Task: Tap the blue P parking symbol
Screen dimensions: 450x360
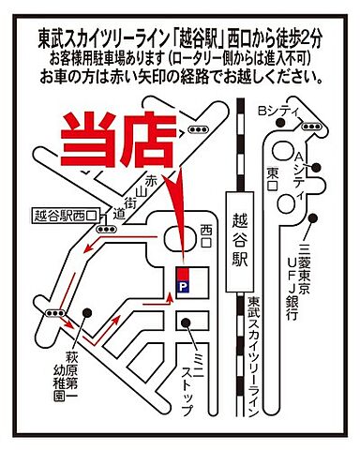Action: (x=183, y=284)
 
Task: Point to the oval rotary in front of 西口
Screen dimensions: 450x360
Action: (x=176, y=240)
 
